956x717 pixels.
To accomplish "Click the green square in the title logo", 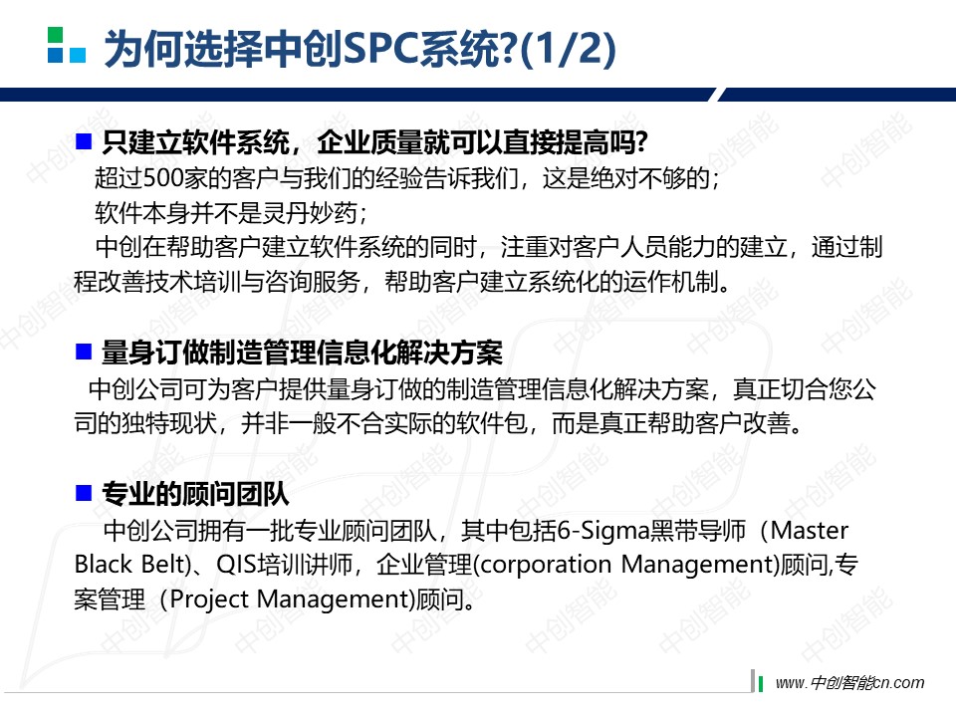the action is tap(55, 35).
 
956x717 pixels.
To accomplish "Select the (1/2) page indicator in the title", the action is tap(567, 50).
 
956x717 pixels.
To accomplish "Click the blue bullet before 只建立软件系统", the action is tap(83, 141).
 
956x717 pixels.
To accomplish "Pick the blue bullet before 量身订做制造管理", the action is tap(83, 352).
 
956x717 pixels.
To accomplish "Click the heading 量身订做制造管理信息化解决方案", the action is tap(302, 353).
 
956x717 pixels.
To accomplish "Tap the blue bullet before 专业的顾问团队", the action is tap(83, 493).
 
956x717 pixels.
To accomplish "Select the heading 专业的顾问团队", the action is tap(195, 493).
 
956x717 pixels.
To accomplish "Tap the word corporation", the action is tap(546, 566).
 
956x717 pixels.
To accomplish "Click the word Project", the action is tap(209, 599).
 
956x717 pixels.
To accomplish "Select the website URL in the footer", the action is tap(849, 683).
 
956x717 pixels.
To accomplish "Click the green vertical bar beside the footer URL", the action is tap(760, 683).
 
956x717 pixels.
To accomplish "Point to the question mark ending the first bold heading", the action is tap(639, 142).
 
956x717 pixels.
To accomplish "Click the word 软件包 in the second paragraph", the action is tap(492, 423).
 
